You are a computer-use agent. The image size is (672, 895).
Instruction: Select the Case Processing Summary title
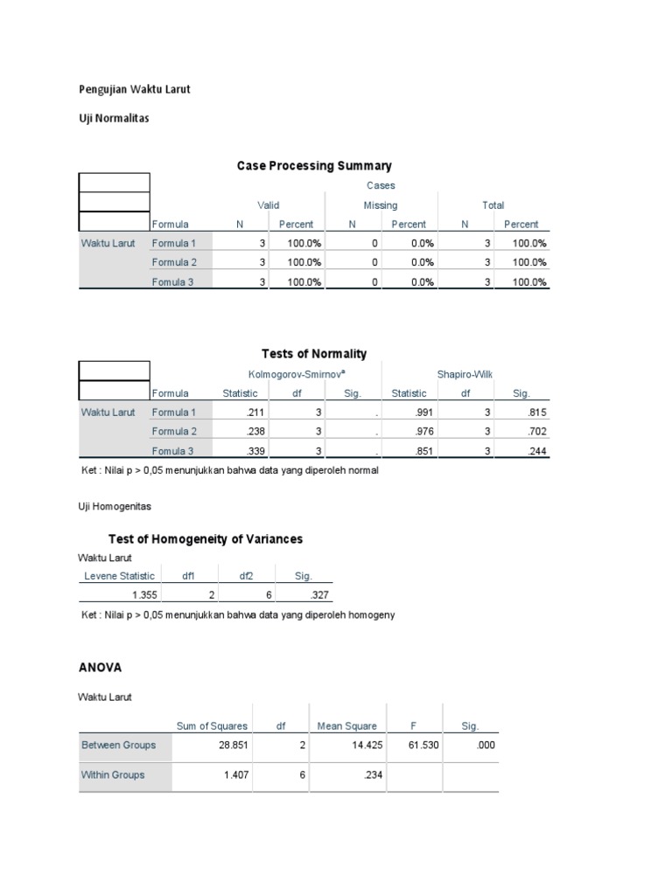click(x=314, y=165)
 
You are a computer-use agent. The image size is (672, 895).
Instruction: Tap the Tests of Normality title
click(x=314, y=353)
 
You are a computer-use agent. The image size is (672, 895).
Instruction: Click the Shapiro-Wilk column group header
click(x=465, y=374)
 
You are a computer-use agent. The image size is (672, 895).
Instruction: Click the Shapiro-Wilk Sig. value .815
click(x=535, y=412)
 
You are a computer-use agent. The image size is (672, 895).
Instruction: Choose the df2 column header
click(x=248, y=575)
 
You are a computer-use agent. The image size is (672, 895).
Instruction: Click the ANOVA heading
click(x=101, y=667)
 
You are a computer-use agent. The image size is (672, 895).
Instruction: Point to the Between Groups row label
click(x=118, y=745)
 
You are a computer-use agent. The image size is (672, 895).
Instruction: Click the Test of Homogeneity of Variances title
click(x=205, y=538)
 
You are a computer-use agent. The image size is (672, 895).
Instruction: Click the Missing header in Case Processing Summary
click(x=381, y=205)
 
